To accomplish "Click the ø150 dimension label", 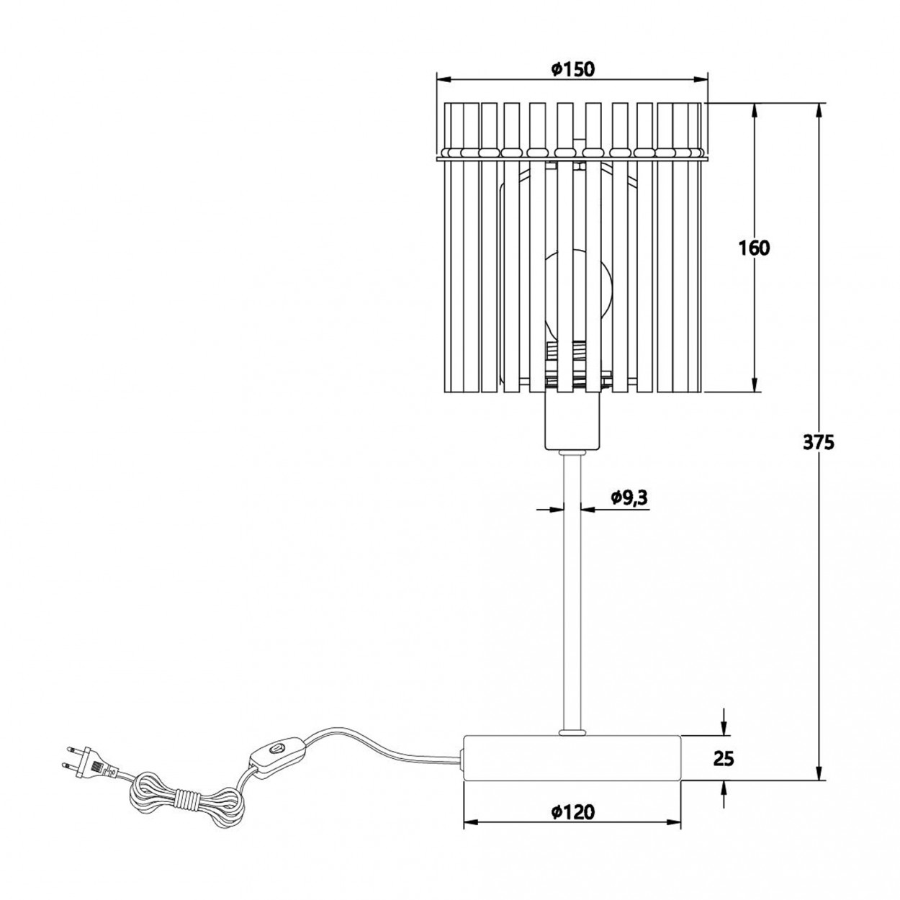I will point(572,69).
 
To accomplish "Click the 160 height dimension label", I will point(754,248).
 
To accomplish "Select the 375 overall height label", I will point(818,442).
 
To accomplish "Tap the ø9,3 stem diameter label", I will point(628,497).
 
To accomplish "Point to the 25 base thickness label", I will point(724,758).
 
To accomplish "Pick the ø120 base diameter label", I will point(573,812).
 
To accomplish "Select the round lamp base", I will point(572,758).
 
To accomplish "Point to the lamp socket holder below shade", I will point(572,421).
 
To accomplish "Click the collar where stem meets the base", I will point(572,733).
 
